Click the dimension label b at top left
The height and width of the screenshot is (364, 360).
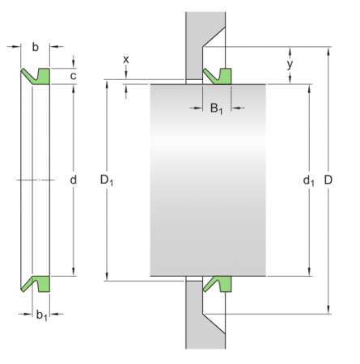pos(35,48)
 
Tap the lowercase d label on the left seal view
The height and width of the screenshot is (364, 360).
pos(73,180)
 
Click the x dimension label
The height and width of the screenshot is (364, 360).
pos(125,60)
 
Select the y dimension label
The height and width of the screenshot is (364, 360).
pos(290,62)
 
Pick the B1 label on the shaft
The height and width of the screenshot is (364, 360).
pos(216,108)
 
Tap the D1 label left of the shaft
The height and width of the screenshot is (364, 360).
pos(106,180)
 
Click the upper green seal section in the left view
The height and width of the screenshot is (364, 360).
pos(40,76)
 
